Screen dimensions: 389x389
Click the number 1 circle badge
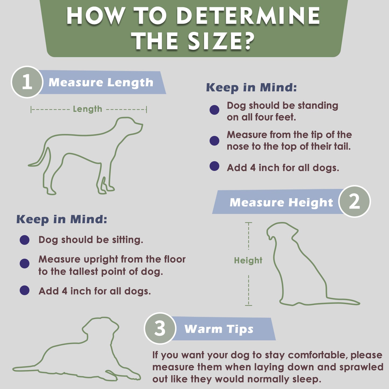point(27,82)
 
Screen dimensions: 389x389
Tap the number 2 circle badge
point(355,201)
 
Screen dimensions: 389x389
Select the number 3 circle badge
point(160,328)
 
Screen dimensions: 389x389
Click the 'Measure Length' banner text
point(101,83)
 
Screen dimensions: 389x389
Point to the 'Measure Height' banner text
point(281,202)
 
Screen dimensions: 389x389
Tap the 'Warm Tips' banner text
point(219,330)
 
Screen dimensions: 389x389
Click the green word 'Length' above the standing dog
point(87,109)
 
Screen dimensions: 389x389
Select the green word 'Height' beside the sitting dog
point(248,260)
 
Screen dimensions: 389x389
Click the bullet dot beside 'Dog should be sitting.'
point(24,240)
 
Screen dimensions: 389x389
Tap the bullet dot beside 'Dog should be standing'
point(214,110)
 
